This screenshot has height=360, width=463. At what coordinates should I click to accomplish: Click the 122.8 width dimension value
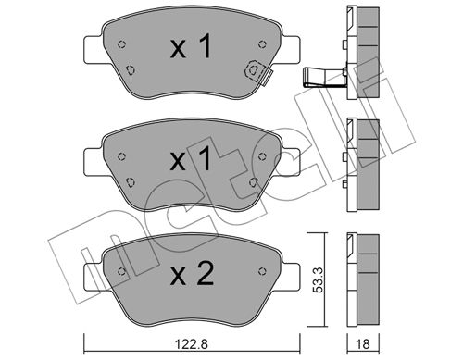click(192, 343)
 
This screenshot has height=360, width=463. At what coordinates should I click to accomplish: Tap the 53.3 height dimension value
click(318, 279)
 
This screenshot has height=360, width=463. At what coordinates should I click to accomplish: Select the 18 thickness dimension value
click(363, 343)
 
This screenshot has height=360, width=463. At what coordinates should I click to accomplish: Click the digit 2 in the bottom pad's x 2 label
click(206, 273)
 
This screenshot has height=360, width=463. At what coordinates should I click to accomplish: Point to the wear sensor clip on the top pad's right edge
click(258, 73)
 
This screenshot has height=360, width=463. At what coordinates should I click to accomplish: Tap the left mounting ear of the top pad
click(94, 50)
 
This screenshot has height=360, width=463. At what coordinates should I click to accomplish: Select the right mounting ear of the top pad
click(290, 50)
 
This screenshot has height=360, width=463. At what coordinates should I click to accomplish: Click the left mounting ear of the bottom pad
click(94, 277)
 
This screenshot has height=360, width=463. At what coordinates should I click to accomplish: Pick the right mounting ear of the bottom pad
click(290, 277)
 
